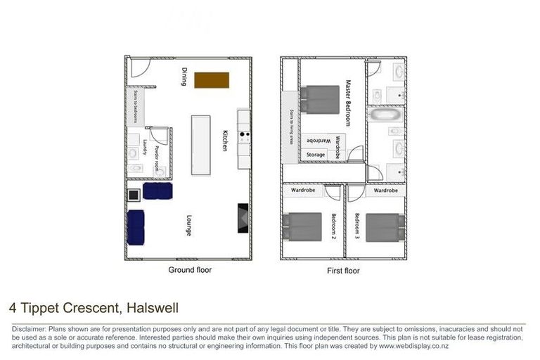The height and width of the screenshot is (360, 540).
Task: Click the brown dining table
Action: (212, 79)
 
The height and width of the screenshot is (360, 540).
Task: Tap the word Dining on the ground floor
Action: (184, 77)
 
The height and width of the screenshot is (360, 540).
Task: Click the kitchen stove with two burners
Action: (244, 135)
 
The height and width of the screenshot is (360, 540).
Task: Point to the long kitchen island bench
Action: (200, 146)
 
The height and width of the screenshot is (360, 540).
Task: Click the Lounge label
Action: (189, 224)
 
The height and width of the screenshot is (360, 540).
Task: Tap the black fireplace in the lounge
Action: (243, 217)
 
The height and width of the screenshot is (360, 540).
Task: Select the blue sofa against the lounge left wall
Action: (136, 226)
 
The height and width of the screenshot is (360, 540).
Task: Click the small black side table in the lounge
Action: (133, 195)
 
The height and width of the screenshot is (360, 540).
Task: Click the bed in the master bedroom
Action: (321, 99)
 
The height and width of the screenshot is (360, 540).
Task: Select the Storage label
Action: (316, 155)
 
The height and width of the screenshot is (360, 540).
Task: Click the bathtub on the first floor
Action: (386, 114)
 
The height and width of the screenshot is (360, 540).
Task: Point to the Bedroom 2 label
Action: (333, 226)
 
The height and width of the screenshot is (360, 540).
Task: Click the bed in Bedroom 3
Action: (384, 227)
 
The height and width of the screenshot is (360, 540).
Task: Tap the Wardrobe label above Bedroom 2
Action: (303, 191)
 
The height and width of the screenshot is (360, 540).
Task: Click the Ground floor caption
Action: (189, 269)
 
